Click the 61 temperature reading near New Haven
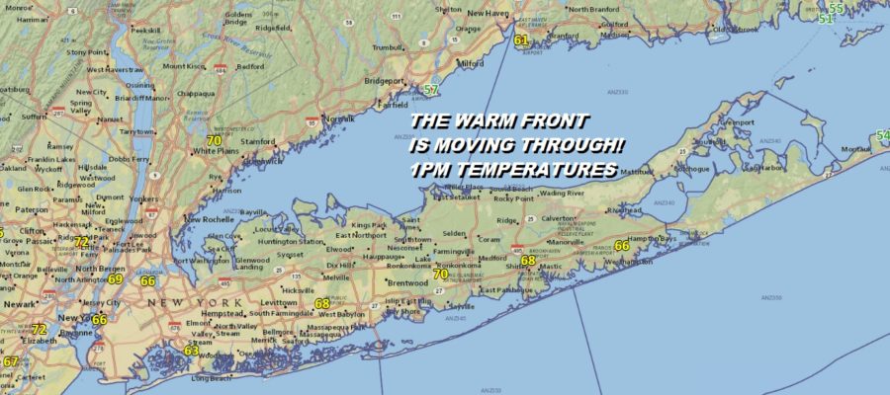521,39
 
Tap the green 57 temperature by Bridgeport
431,90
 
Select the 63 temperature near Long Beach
192,350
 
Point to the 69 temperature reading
116,279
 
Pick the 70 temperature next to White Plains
215,140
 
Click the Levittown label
278,302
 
